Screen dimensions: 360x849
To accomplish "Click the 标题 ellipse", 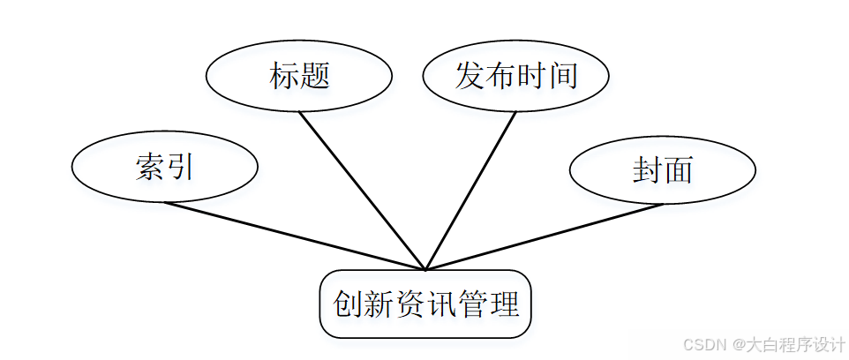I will point(298,78).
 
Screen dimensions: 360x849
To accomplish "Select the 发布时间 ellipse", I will point(515,78).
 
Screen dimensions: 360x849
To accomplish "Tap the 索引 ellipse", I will point(164,167).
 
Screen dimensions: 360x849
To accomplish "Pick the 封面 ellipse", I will point(662,170).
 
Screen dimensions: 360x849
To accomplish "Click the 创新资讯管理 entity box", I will point(425,304).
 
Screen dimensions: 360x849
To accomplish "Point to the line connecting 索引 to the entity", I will point(295,236).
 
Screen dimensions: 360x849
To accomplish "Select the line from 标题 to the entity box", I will point(362,191).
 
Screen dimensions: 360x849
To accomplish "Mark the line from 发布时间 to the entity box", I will point(470,191).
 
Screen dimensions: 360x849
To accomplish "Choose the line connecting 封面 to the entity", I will point(545,237).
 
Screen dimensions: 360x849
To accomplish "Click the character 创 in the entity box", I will point(347,305).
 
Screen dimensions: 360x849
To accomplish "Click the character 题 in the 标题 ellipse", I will point(315,77).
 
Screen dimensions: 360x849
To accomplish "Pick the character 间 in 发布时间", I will point(563,76).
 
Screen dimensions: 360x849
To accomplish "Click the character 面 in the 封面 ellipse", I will point(678,170).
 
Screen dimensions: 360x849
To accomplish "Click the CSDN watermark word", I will point(703,344).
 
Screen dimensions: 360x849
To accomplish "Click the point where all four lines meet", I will point(425,269).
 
